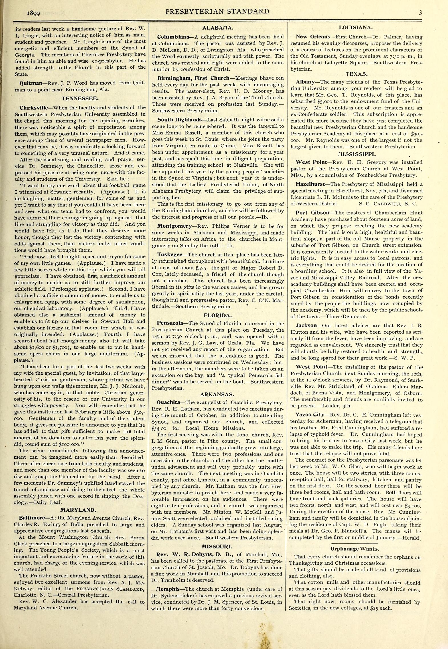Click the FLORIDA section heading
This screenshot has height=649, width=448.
tap(218, 315)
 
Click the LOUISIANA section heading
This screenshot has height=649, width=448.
tap(356, 28)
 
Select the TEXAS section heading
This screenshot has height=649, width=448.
tap(356, 74)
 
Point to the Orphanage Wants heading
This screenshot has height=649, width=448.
tap(354, 549)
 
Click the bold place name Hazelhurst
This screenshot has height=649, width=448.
tap(310, 184)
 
